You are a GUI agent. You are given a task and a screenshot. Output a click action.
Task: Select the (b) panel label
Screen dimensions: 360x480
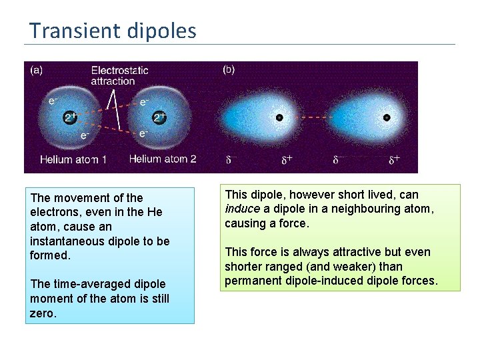click(228, 69)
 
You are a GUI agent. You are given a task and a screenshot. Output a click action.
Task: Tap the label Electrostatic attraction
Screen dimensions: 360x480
click(119, 75)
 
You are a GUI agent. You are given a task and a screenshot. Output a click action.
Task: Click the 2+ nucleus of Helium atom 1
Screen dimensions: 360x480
click(71, 117)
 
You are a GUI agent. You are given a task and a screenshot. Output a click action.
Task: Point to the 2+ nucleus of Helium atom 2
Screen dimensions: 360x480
click(159, 117)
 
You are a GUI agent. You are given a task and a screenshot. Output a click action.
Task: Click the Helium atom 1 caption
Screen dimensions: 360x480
click(73, 160)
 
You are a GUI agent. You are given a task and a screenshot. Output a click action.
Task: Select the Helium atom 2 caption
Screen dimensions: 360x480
click(163, 159)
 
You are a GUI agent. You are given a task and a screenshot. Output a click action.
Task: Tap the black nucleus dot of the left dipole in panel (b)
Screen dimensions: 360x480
click(280, 117)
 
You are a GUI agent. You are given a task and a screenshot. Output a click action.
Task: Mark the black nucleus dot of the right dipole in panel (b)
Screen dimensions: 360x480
click(387, 117)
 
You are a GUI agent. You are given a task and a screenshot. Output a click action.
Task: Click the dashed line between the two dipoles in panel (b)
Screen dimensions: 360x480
click(333, 117)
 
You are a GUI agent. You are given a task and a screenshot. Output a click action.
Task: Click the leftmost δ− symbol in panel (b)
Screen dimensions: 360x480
click(231, 160)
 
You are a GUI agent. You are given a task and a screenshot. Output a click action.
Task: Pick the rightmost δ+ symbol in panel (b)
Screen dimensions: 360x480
click(395, 160)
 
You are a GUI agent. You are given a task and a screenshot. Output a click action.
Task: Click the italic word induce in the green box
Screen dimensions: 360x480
click(242, 209)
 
